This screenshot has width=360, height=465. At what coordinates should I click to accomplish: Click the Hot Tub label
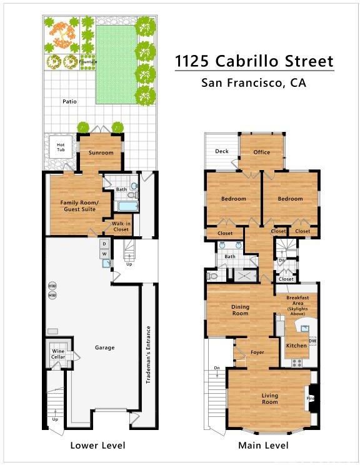tap(61, 147)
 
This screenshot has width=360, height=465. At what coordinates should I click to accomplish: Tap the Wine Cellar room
tap(58, 353)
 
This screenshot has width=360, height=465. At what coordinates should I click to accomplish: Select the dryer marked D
tap(104, 244)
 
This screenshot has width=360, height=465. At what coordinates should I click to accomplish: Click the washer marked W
tap(104, 254)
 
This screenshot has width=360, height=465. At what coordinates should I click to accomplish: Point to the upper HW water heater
tap(52, 286)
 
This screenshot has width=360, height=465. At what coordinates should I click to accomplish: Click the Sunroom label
tap(101, 152)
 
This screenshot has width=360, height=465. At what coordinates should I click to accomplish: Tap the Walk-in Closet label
tap(121, 227)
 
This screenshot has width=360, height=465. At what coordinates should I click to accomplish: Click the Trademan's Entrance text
tap(149, 354)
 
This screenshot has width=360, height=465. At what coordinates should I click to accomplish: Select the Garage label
tap(104, 347)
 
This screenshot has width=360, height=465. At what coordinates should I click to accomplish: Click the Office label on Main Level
tap(261, 152)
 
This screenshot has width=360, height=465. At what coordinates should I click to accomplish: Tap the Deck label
tap(222, 151)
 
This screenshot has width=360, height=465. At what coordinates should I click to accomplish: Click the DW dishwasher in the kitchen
tap(312, 341)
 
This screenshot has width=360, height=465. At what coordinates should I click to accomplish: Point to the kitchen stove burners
tap(297, 362)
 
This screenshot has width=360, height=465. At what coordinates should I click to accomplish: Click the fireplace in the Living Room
tap(312, 399)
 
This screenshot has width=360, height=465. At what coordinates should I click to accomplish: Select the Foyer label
tap(257, 352)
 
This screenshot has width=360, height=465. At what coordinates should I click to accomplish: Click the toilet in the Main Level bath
tap(212, 276)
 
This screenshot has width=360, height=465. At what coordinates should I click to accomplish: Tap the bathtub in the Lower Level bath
tap(128, 206)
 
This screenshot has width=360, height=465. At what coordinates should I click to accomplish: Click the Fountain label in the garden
tap(88, 62)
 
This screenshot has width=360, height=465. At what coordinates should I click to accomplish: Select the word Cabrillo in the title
tap(247, 61)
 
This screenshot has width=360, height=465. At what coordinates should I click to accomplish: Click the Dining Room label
tap(240, 310)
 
